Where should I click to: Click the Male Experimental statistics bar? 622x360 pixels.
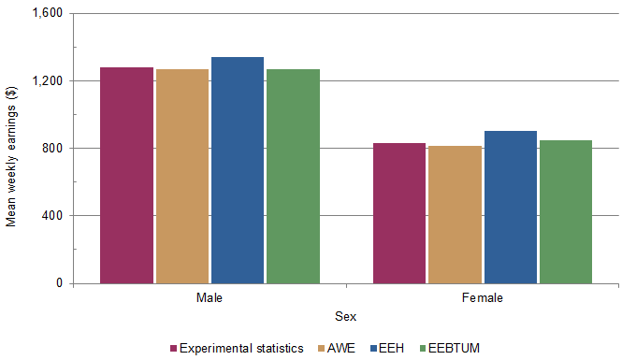pyautogui.click(x=126, y=175)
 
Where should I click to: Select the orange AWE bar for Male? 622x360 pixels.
pyautogui.click(x=181, y=176)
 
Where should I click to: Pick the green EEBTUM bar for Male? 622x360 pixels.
pyautogui.click(x=293, y=176)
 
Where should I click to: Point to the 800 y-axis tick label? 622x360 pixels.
pyautogui.click(x=51, y=149)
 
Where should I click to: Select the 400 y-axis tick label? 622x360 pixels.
pyautogui.click(x=51, y=216)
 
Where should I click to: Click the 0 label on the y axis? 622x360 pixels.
pyautogui.click(x=58, y=283)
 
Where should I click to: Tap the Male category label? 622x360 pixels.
pyautogui.click(x=210, y=298)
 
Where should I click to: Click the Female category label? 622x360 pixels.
pyautogui.click(x=483, y=298)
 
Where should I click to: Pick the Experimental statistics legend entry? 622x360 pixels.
pyautogui.click(x=241, y=349)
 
